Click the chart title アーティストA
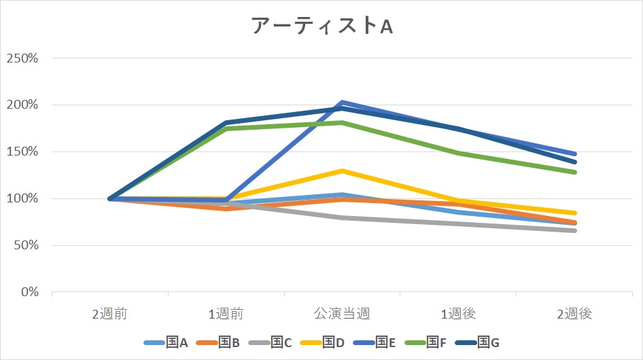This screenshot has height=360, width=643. pos(321,26)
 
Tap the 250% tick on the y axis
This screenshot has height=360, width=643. pos(22,58)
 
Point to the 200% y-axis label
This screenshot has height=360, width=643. pos(22,105)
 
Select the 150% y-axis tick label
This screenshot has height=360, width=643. pos(22,151)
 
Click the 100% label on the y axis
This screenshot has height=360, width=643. pos(22,198)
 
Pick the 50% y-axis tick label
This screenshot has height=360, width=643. pos(25,245)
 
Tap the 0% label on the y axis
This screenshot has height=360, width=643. pos(29,292)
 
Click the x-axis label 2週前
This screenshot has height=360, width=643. pos(110,314)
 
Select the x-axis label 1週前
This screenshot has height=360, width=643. pos(226,314)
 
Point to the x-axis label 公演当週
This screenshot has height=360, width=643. pos(342,314)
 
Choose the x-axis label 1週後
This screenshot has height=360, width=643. pos(458,314)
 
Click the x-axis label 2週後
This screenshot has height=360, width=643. pos(574,314)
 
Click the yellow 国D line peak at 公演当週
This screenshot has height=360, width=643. pos(342,170)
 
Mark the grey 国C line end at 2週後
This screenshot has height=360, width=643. pos(574,231)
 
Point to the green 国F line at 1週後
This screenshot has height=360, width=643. pos(458,153)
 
